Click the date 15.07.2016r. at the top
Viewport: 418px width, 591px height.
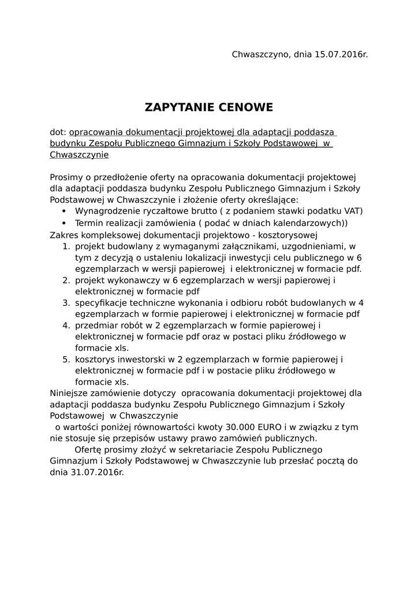(341, 55)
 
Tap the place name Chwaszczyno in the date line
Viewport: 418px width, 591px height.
(261, 55)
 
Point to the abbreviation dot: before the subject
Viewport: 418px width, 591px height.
(58, 132)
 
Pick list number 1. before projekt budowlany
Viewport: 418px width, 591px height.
(66, 246)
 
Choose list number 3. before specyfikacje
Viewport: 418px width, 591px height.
(66, 303)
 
